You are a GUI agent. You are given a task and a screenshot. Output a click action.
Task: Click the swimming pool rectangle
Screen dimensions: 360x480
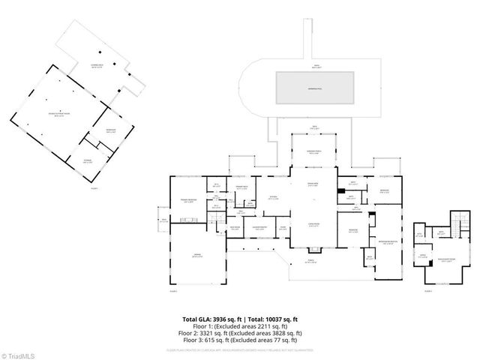(315, 88)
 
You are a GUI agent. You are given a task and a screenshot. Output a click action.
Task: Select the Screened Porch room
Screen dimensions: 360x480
(314, 153)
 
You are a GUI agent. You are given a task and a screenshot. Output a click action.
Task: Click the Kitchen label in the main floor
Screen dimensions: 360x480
(274, 199)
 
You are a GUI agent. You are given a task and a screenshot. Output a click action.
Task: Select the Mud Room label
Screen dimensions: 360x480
(234, 229)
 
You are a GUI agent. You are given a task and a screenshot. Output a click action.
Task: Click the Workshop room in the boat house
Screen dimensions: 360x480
(109, 132)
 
